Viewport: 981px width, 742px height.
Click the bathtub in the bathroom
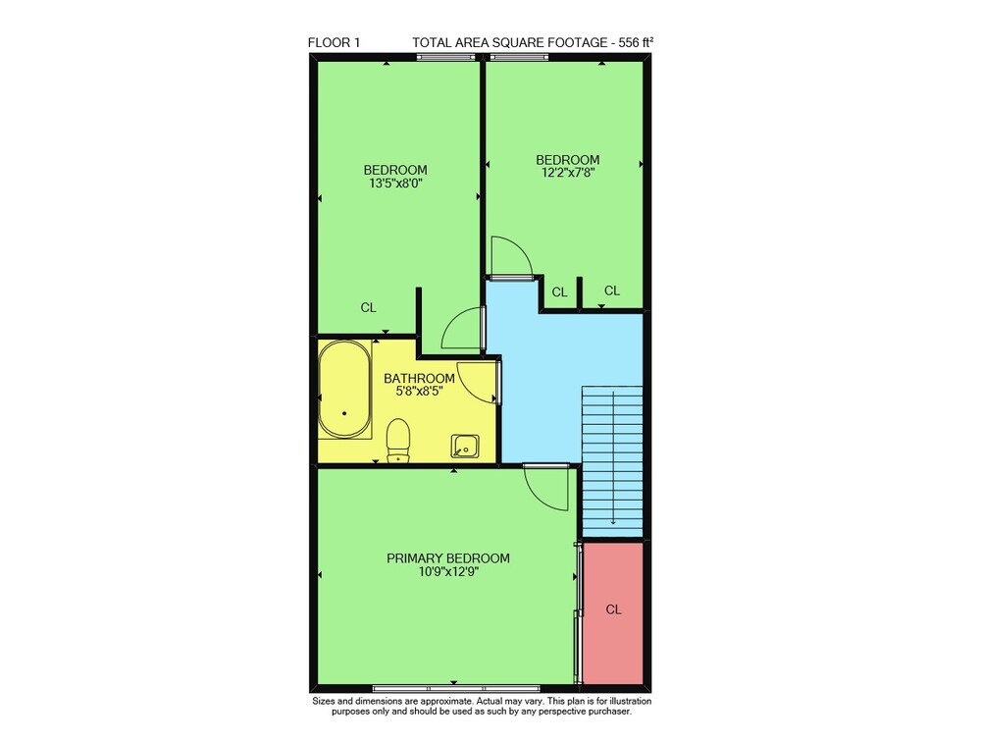[344, 389]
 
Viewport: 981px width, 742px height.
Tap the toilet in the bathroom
[398, 441]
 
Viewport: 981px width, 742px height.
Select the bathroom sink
[465, 448]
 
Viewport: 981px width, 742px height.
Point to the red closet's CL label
[613, 609]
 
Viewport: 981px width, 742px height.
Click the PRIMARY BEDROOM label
[448, 557]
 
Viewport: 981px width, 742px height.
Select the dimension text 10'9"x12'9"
[448, 571]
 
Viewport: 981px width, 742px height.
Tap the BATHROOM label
[419, 378]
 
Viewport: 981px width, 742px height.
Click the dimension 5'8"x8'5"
[419, 392]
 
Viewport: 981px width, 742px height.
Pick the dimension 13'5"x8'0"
[395, 184]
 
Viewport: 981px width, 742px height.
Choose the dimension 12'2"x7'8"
[567, 173]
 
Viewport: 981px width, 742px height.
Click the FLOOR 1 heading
[334, 42]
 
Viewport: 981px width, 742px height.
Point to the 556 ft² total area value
[637, 42]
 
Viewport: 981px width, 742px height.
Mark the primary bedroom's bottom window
[456, 688]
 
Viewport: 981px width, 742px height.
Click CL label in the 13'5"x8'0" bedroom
[369, 307]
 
